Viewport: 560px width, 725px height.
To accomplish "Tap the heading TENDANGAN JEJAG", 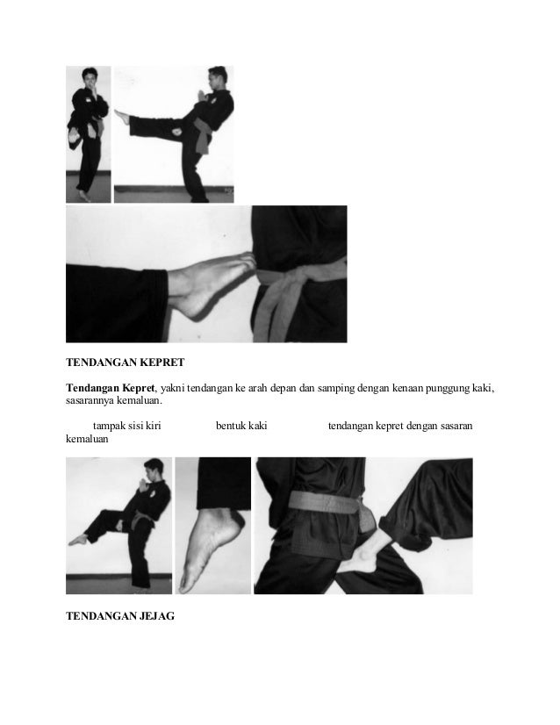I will click(120, 616).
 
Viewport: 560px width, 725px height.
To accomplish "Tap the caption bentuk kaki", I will click(241, 426).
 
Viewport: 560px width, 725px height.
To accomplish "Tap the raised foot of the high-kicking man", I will click(121, 118).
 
